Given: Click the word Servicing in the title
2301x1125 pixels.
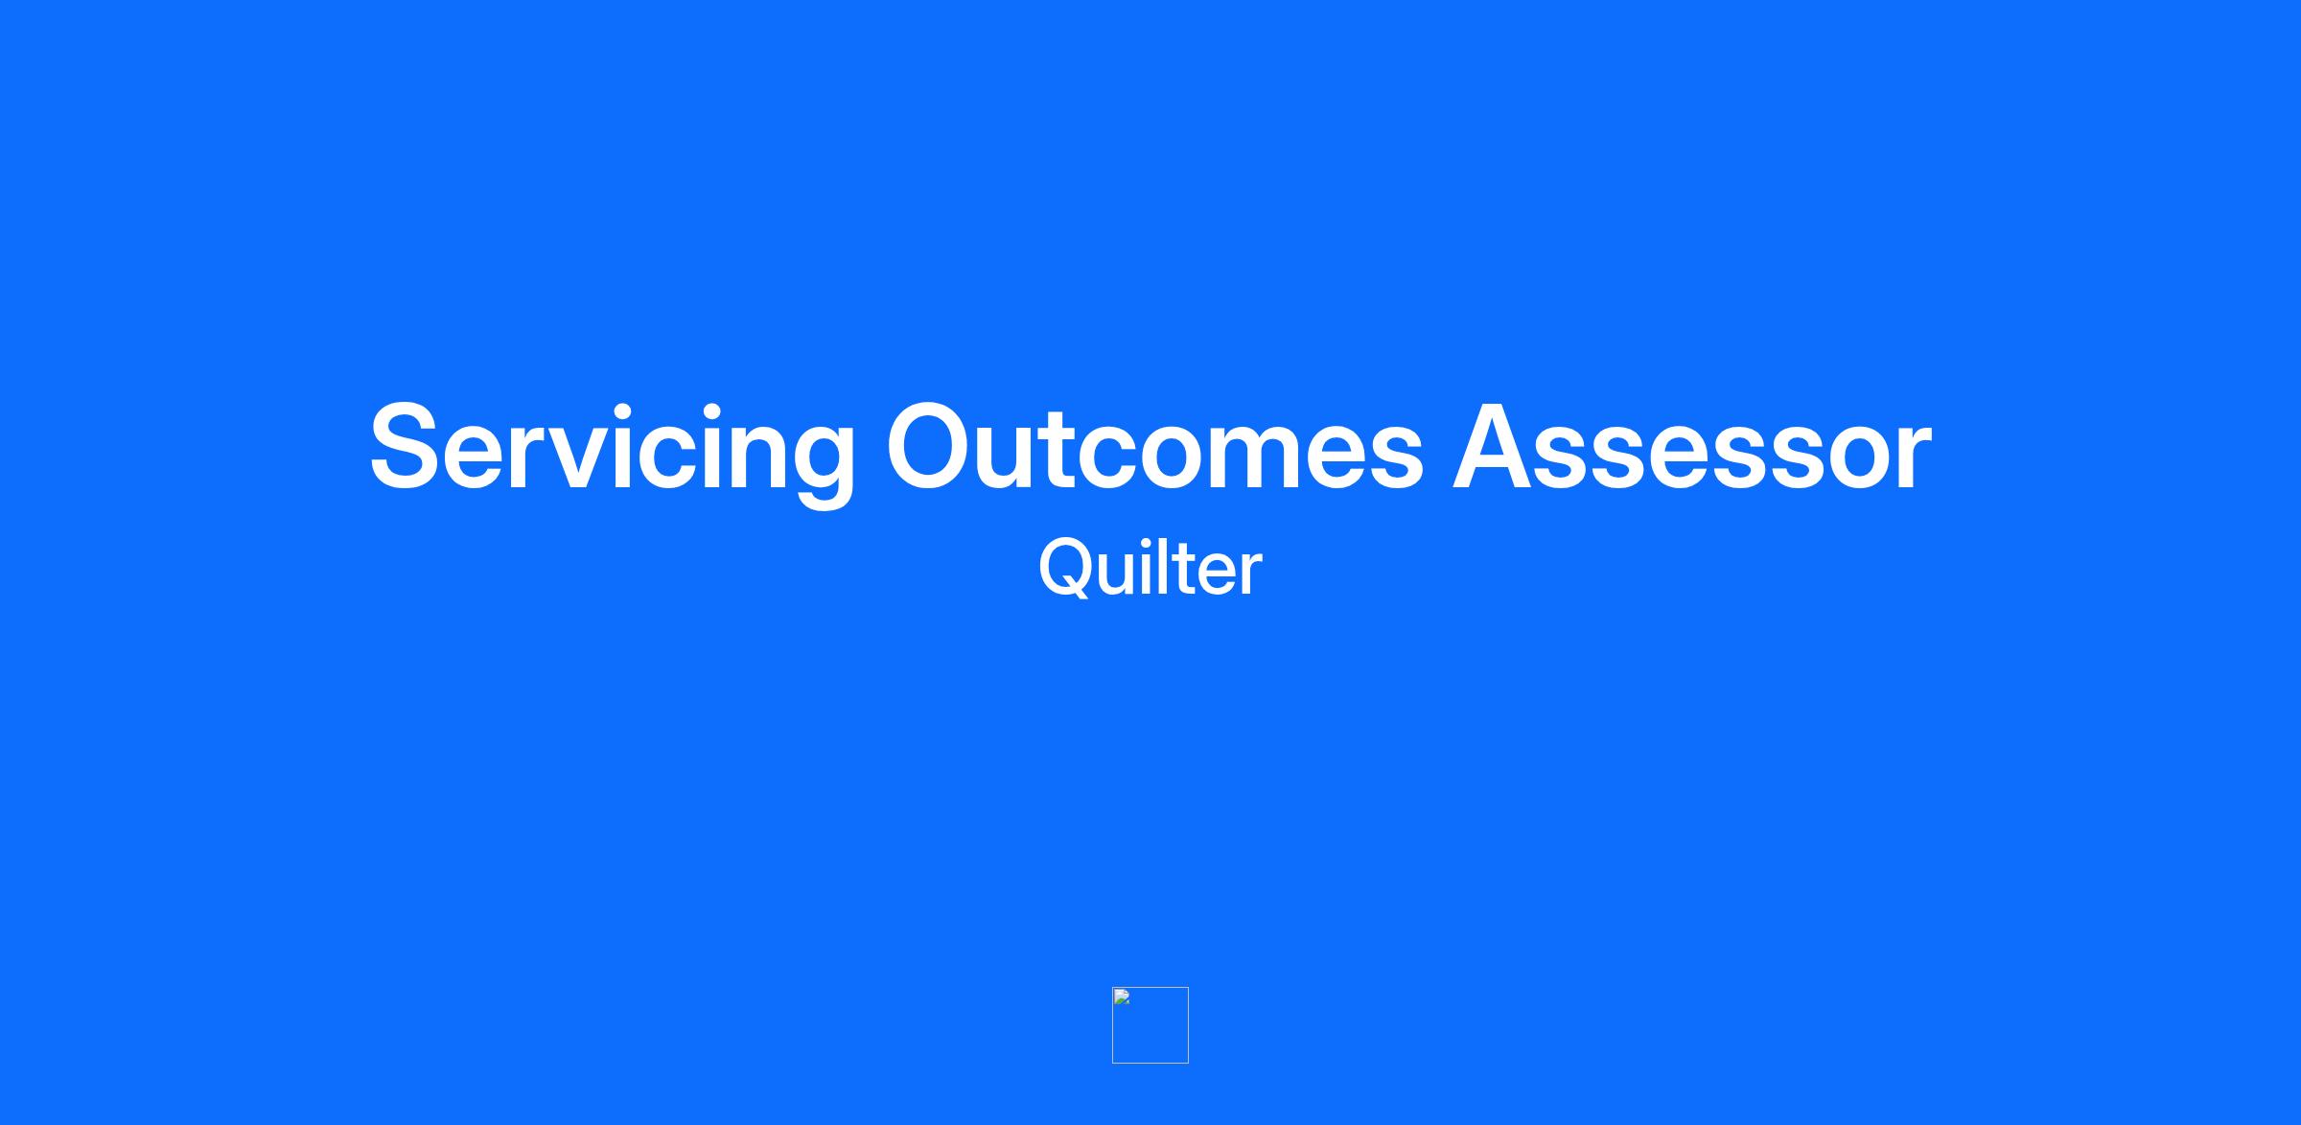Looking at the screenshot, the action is coord(613,449).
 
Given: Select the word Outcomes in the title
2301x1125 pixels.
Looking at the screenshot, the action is coord(1155,447).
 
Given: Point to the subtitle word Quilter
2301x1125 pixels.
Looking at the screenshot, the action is coord(1150,567).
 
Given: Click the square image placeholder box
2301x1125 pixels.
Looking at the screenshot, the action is coord(1150,1025).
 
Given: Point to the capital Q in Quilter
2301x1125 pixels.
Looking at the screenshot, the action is coord(1065,568).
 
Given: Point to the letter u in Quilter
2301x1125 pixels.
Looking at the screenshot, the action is coord(1118,576).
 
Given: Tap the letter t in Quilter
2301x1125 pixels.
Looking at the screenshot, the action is coord(1182,572).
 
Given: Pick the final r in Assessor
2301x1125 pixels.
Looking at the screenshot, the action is coord(1909,457).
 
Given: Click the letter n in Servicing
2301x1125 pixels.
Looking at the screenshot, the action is coord(739,457).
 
